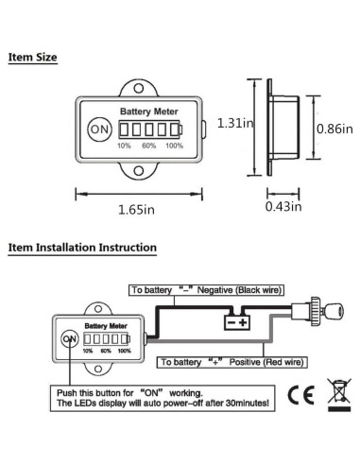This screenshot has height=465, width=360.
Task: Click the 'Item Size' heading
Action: (x=33, y=58)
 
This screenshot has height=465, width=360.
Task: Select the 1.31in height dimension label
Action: (x=234, y=123)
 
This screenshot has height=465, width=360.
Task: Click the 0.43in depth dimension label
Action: (x=283, y=206)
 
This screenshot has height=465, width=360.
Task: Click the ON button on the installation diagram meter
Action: (x=68, y=338)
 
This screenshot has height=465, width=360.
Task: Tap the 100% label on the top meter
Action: (x=175, y=146)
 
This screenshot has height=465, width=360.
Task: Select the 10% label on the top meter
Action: (x=124, y=146)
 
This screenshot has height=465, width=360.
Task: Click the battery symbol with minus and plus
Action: (x=235, y=321)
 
